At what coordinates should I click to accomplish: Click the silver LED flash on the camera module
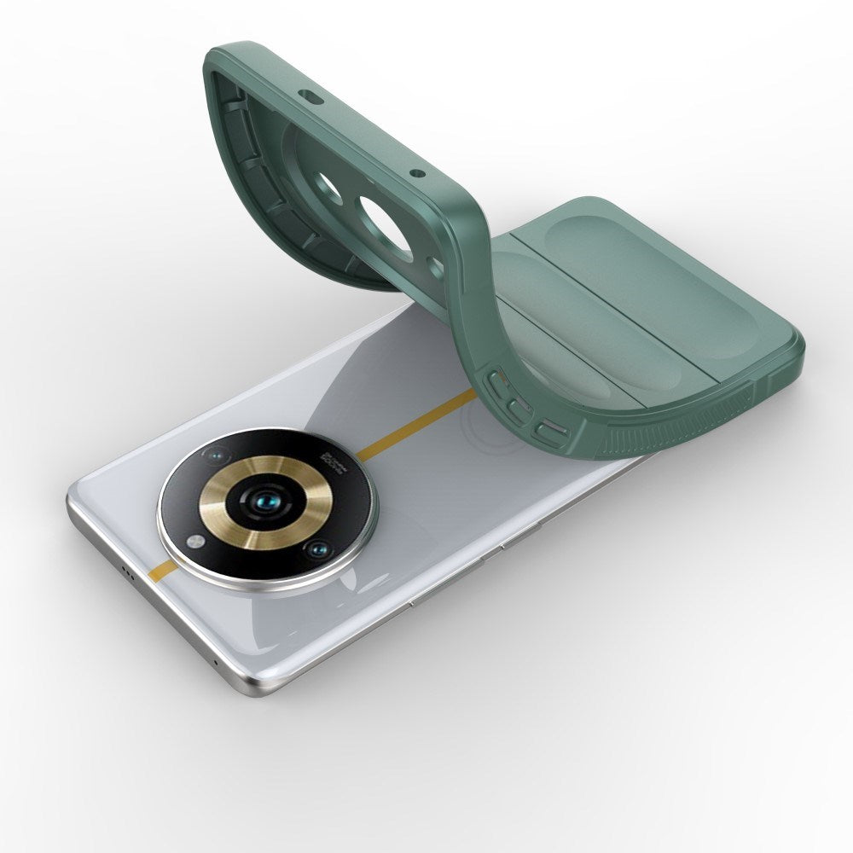coord(196,540)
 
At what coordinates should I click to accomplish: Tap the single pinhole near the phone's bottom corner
coord(216,663)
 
